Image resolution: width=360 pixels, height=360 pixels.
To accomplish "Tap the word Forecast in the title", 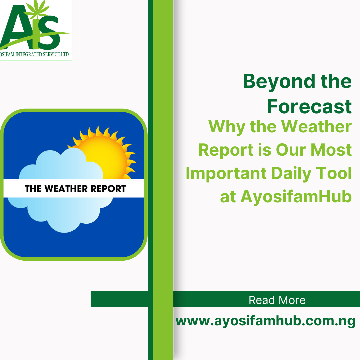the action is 309,106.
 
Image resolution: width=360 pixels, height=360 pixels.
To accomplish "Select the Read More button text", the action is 277,300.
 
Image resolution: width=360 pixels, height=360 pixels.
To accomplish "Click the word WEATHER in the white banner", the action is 66,189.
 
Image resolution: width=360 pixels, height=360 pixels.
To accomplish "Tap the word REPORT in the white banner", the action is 108,189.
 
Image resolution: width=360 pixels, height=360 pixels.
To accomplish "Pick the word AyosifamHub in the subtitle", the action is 296,197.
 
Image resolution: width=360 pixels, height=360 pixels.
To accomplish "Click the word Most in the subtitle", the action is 331,150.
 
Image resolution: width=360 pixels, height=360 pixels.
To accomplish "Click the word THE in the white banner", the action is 33,189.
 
